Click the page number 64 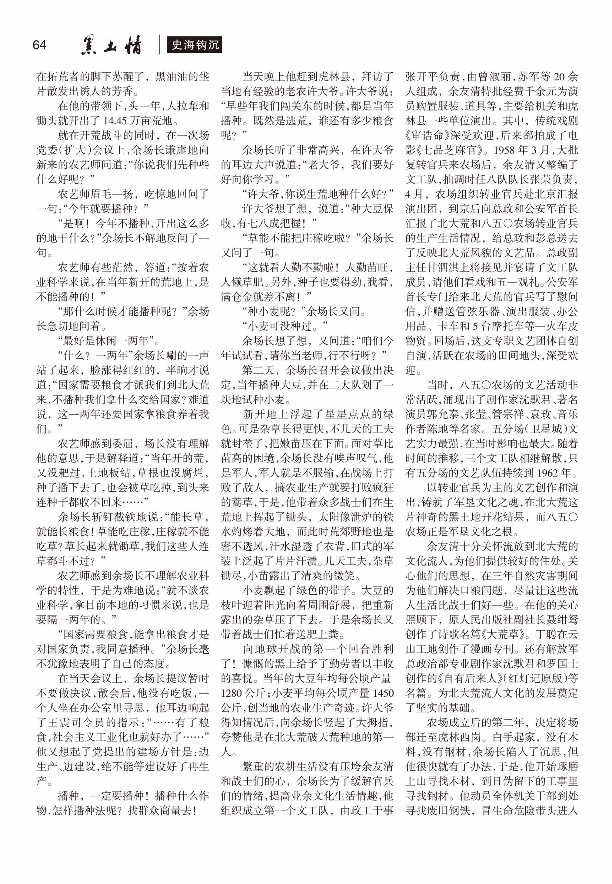(x=39, y=45)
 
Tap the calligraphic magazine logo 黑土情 (x=111, y=45)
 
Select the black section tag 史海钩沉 (x=195, y=45)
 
